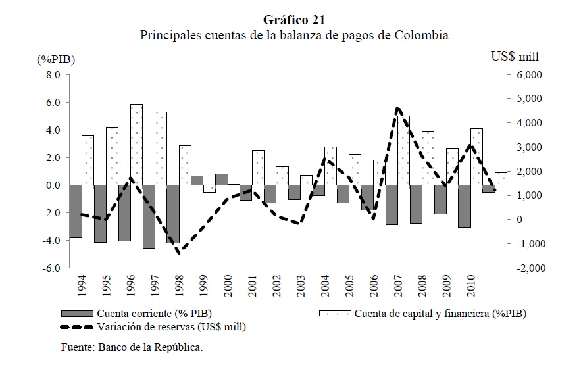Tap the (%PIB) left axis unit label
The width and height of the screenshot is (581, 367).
pos(57,59)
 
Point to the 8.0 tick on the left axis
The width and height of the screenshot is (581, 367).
pos(53,75)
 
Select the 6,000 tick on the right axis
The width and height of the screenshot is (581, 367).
pos(529,75)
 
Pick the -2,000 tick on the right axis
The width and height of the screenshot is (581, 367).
pos(529,268)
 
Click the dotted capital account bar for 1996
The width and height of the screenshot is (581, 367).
pos(136,145)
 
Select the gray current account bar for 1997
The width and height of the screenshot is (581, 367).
pos(149,217)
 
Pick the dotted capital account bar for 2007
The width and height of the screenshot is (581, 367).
pos(403,151)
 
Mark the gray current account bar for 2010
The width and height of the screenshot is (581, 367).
pos(465,206)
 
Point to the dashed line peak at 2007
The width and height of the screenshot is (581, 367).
pos(397,109)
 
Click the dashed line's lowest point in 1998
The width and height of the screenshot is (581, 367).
pos(178,251)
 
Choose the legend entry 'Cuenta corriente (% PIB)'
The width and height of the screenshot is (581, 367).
pos(153,313)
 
